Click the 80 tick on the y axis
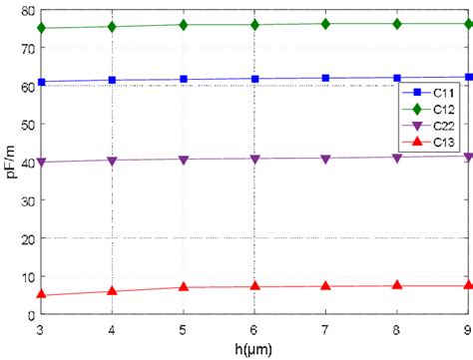click(x=27, y=9)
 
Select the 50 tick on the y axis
click(x=27, y=124)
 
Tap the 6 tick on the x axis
click(x=255, y=328)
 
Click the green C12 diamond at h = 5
click(x=184, y=24)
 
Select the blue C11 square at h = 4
click(x=112, y=80)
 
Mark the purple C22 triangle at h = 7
click(x=326, y=158)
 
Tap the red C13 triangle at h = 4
click(x=112, y=291)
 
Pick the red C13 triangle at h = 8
click(x=398, y=285)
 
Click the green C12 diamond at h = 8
click(x=398, y=23)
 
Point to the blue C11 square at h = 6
click(x=255, y=79)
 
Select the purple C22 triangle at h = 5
click(x=184, y=159)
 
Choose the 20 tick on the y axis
click(x=27, y=238)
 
